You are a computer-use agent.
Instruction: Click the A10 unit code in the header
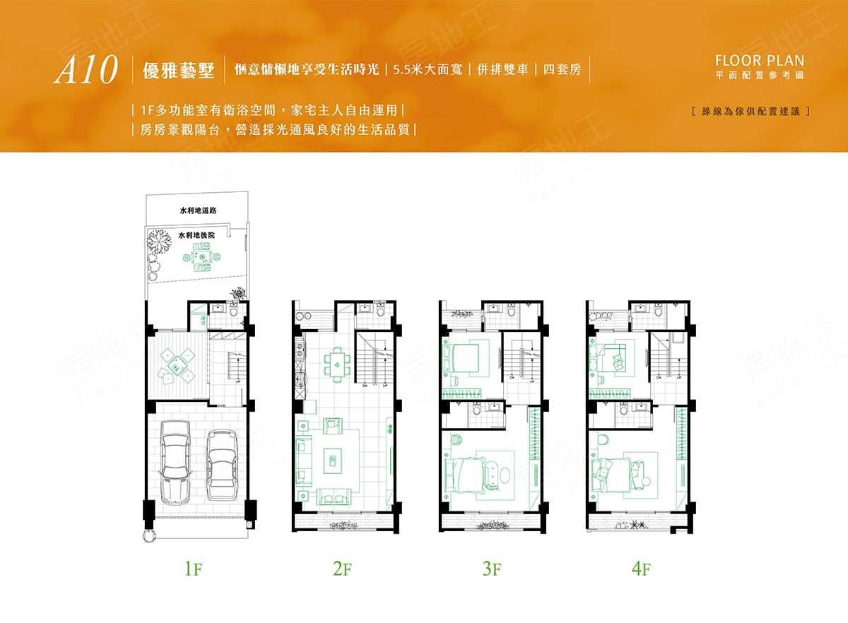[x=84, y=71]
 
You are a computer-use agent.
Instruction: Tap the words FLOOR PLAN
[x=760, y=61]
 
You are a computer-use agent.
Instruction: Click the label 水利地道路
[x=197, y=210]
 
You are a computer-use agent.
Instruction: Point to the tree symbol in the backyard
[x=158, y=244]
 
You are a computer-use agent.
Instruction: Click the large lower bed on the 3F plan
[x=472, y=473]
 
